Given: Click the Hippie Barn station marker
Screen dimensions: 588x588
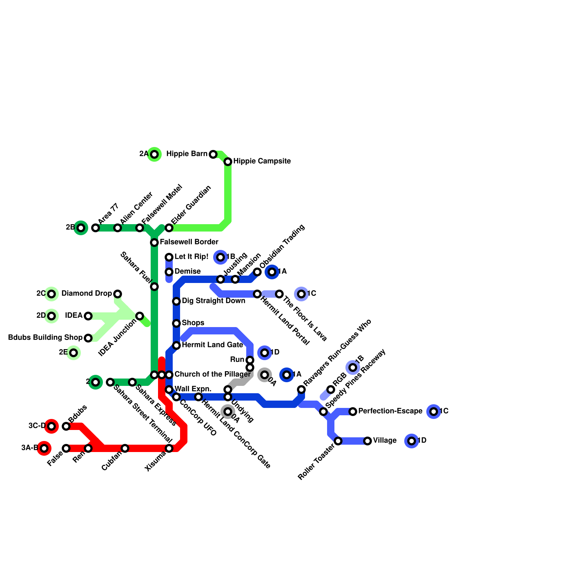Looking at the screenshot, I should [x=213, y=154].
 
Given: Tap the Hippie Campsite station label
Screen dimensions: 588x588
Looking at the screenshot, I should [x=262, y=161].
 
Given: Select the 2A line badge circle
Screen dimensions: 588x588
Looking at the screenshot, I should [x=155, y=154].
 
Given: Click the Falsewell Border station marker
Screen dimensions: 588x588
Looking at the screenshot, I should [x=154, y=243].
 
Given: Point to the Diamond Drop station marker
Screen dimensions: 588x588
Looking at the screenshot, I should [x=118, y=294].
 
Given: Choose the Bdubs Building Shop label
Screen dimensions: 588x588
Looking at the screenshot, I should [x=45, y=338].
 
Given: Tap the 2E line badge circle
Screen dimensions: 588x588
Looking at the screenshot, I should [x=73, y=353].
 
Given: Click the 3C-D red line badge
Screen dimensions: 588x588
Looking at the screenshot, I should [x=51, y=426].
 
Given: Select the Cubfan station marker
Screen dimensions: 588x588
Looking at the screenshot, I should [x=125, y=448].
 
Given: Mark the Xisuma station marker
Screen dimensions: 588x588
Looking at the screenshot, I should [x=169, y=448].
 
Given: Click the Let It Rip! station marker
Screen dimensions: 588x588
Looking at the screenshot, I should [x=169, y=257].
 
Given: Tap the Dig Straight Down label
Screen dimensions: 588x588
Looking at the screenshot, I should [x=213, y=301].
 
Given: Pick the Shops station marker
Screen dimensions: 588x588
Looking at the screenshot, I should [x=176, y=323].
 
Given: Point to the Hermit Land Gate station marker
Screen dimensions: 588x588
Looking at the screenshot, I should [x=176, y=345].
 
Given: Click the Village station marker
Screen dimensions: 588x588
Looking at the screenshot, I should [x=367, y=441].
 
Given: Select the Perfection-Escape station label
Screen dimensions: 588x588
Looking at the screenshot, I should [x=390, y=411].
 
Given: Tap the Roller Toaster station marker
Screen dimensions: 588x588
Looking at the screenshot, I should [x=338, y=441].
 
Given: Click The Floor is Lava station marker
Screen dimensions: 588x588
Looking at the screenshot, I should [x=279, y=294].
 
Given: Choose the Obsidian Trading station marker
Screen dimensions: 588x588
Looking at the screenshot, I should [x=257, y=272].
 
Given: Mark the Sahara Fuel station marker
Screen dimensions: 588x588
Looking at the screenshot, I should [x=154, y=287].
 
